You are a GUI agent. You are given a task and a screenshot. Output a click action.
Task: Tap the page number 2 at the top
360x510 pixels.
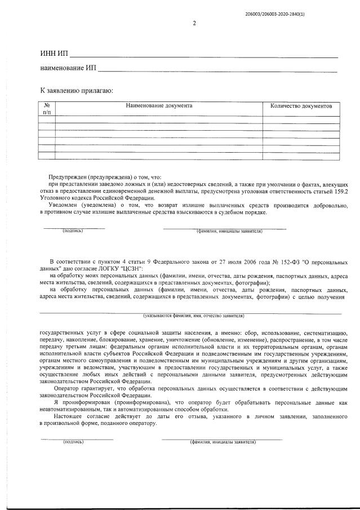tap(194, 24)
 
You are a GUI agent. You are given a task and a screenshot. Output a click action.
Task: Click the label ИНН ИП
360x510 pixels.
tap(54, 54)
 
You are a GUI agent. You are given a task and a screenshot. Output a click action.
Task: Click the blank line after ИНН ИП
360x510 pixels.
tap(203, 56)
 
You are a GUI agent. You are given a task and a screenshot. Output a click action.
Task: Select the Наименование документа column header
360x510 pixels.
tap(159, 105)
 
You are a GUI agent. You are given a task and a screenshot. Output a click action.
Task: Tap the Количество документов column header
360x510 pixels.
tap(301, 105)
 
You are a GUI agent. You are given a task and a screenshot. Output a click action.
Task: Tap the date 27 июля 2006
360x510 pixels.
tap(226, 262)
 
